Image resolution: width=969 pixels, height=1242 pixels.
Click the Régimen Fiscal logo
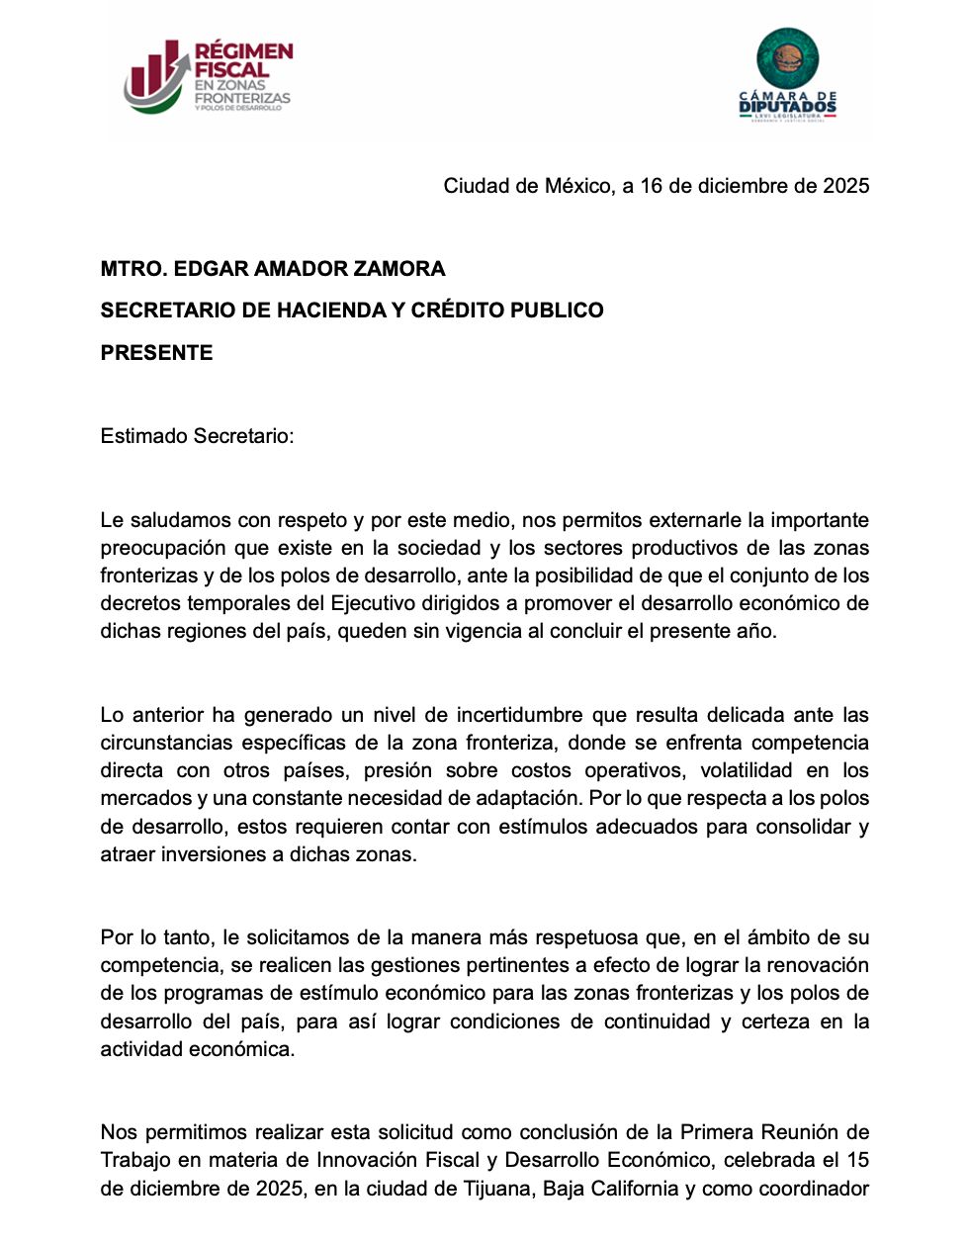click(208, 76)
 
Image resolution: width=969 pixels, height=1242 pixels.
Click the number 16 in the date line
click(651, 186)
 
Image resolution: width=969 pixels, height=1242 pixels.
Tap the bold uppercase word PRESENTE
click(156, 353)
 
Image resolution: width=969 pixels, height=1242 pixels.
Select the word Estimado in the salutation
click(143, 436)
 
